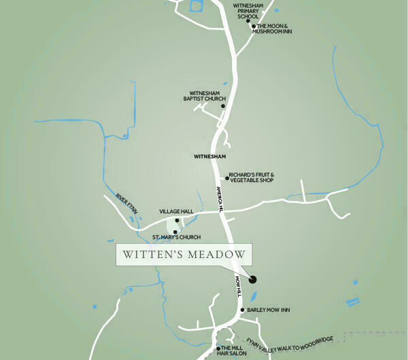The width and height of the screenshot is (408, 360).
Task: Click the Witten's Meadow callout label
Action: (x=184, y=255)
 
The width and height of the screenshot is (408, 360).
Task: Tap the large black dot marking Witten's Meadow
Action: (x=253, y=278)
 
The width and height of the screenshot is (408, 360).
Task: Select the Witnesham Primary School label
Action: (x=248, y=11)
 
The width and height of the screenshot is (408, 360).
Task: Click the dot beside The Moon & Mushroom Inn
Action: (x=253, y=26)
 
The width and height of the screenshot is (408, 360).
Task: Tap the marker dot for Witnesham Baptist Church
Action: (x=222, y=105)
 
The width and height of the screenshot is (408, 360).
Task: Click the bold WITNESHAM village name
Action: (x=209, y=157)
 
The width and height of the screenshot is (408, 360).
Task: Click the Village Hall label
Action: (x=176, y=211)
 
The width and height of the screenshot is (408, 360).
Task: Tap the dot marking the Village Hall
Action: (x=177, y=220)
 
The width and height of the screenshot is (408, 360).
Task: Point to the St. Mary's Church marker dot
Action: (x=175, y=232)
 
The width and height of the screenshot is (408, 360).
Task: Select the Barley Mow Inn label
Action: (x=269, y=310)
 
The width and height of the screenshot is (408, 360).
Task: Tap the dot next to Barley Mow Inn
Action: (x=243, y=310)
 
